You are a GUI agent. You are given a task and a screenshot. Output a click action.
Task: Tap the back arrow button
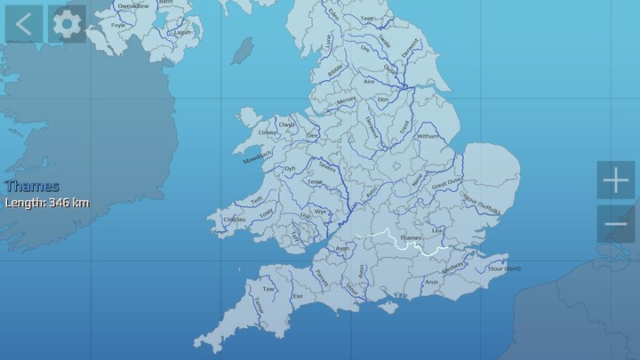23,24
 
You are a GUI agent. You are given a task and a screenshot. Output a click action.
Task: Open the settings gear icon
66,24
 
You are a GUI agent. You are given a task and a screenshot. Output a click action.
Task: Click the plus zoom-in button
615,181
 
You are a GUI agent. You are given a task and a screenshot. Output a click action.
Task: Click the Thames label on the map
412,238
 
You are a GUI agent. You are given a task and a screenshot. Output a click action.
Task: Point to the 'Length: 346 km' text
47,203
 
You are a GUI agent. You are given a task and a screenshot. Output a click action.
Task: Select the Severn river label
327,166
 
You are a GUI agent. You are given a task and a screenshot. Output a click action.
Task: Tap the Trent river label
404,129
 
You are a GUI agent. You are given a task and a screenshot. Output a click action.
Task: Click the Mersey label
347,101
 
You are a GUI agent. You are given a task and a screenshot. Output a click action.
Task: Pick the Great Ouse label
446,185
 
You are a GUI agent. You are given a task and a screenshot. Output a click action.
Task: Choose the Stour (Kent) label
504,268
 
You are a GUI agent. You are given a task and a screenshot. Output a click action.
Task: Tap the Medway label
453,264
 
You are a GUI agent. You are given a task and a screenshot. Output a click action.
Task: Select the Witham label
428,136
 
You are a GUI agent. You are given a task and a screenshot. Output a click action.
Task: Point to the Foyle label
117,26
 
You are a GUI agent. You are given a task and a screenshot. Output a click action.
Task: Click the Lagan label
184,32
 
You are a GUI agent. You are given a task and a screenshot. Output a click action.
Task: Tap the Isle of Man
241,51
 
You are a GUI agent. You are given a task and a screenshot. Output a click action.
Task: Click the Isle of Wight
388,307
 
